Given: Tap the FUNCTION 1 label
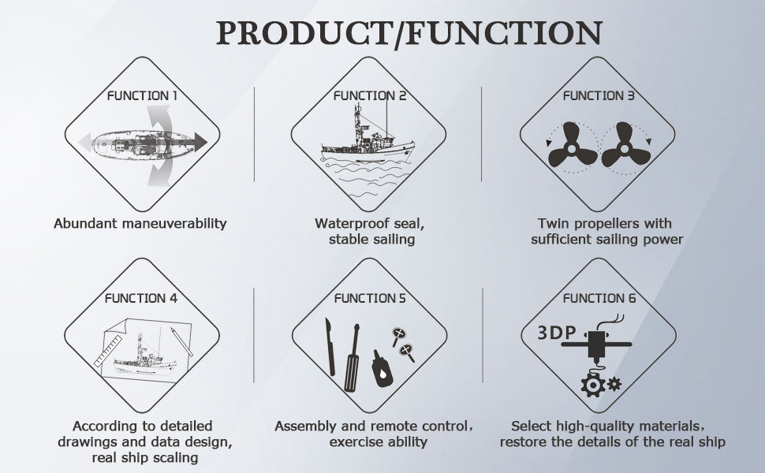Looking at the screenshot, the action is pyautogui.click(x=142, y=95).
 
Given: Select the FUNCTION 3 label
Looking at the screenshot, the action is pyautogui.click(x=599, y=95).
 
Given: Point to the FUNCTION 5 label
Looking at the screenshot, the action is pyautogui.click(x=370, y=298).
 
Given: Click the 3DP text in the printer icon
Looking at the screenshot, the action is pyautogui.click(x=556, y=333).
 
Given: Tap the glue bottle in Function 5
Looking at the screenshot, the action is pyautogui.click(x=382, y=369).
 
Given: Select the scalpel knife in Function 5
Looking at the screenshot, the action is pyautogui.click(x=330, y=347).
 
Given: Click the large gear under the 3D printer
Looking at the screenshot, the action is pyautogui.click(x=593, y=385).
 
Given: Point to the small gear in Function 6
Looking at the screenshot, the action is pyautogui.click(x=614, y=384).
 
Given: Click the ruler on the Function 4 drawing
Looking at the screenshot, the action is pyautogui.click(x=108, y=351).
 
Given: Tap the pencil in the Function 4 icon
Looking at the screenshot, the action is pyautogui.click(x=181, y=341).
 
